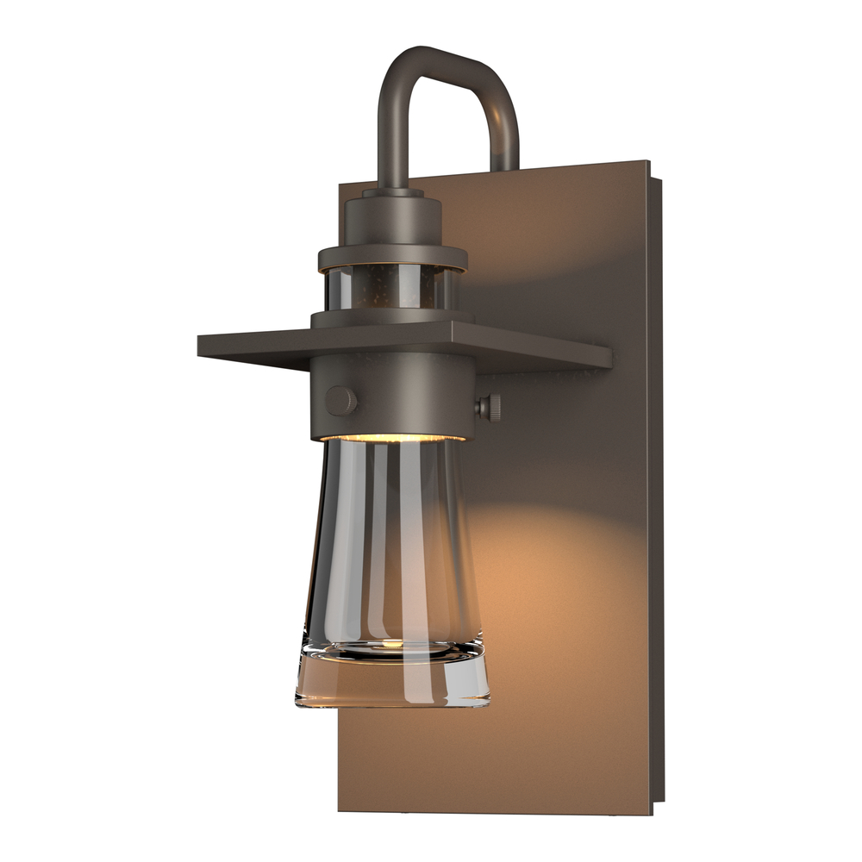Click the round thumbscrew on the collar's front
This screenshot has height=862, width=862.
(x=340, y=401)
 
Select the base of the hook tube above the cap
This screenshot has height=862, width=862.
(x=392, y=181)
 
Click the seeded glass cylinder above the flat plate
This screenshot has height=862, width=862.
(x=392, y=289)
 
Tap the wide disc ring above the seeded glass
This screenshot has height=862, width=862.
(x=392, y=256)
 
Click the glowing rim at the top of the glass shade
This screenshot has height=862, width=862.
(x=392, y=439)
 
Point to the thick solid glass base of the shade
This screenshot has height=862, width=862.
(x=392, y=681)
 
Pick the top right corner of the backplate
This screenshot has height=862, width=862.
(x=648, y=162)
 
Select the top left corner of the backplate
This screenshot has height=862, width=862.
(x=340, y=183)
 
